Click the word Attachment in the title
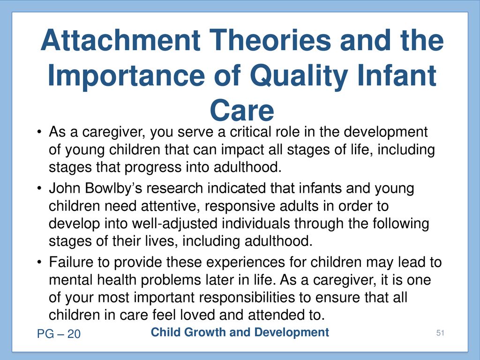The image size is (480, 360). [x=120, y=40]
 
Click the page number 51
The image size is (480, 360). [x=440, y=333]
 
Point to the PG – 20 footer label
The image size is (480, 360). [x=59, y=334]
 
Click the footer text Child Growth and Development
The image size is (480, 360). [x=240, y=332]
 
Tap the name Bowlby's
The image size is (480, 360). [x=113, y=188]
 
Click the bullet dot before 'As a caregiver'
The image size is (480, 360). [x=39, y=133]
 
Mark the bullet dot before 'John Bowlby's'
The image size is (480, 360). [x=39, y=188]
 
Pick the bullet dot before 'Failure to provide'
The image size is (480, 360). [x=39, y=262]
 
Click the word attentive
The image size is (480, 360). [x=171, y=206]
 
